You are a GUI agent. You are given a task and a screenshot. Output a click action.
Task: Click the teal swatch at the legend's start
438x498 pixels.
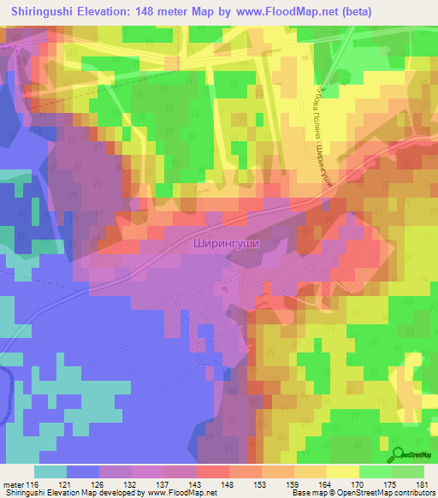(50, 471)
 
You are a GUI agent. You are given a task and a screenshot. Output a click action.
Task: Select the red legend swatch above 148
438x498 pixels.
(212, 471)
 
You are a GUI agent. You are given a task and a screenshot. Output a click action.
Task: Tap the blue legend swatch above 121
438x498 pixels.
(83, 471)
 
